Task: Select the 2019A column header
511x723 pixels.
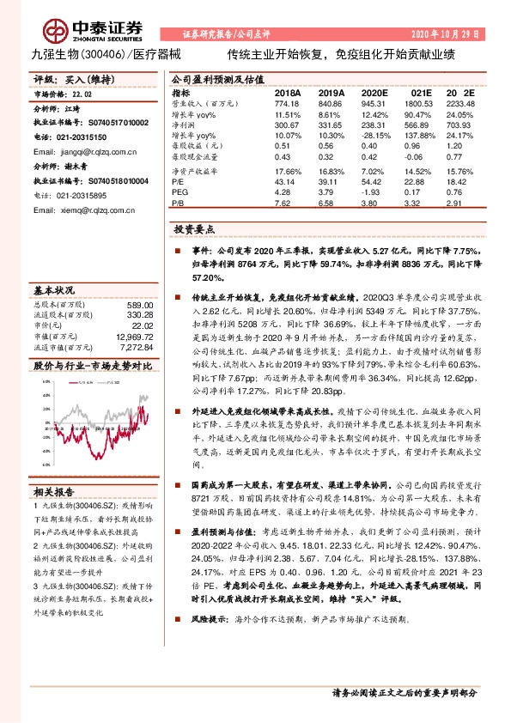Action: [x=331, y=92]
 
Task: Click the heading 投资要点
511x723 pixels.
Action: [x=194, y=231]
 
